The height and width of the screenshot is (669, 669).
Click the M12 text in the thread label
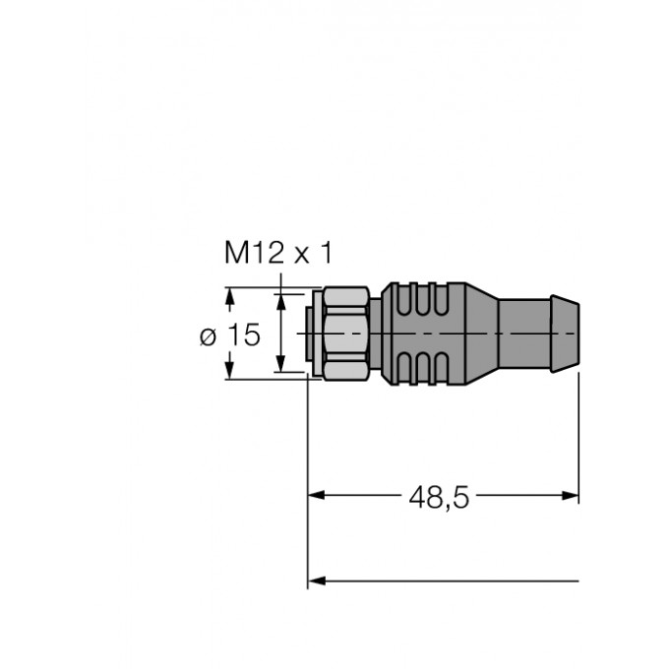pyautogui.click(x=252, y=253)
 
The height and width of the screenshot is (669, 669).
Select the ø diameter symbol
pyautogui.click(x=208, y=336)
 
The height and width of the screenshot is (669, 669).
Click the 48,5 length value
pyautogui.click(x=440, y=497)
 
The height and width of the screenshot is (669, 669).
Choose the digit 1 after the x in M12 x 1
pyautogui.click(x=326, y=253)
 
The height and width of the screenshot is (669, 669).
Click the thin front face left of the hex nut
pyautogui.click(x=313, y=334)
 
